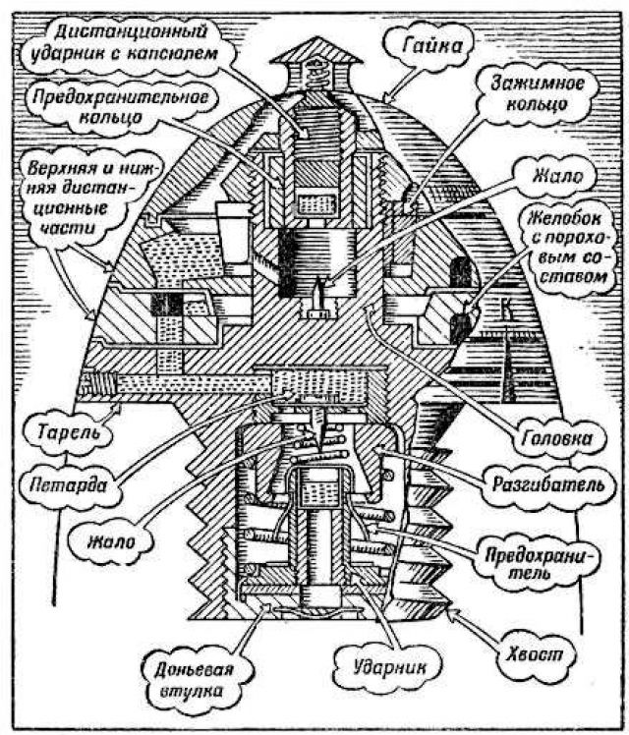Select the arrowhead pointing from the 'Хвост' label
pyautogui.click(x=453, y=613)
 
